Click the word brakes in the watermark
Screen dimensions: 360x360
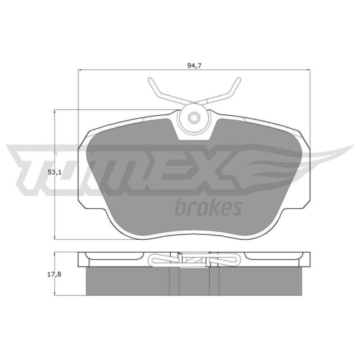click(x=207, y=207)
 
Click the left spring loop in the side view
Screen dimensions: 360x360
click(x=159, y=260)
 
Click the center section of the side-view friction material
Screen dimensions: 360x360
click(x=193, y=282)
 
